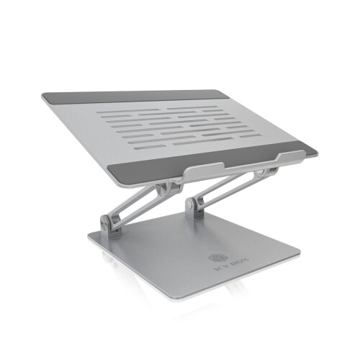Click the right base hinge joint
point(193,206)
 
